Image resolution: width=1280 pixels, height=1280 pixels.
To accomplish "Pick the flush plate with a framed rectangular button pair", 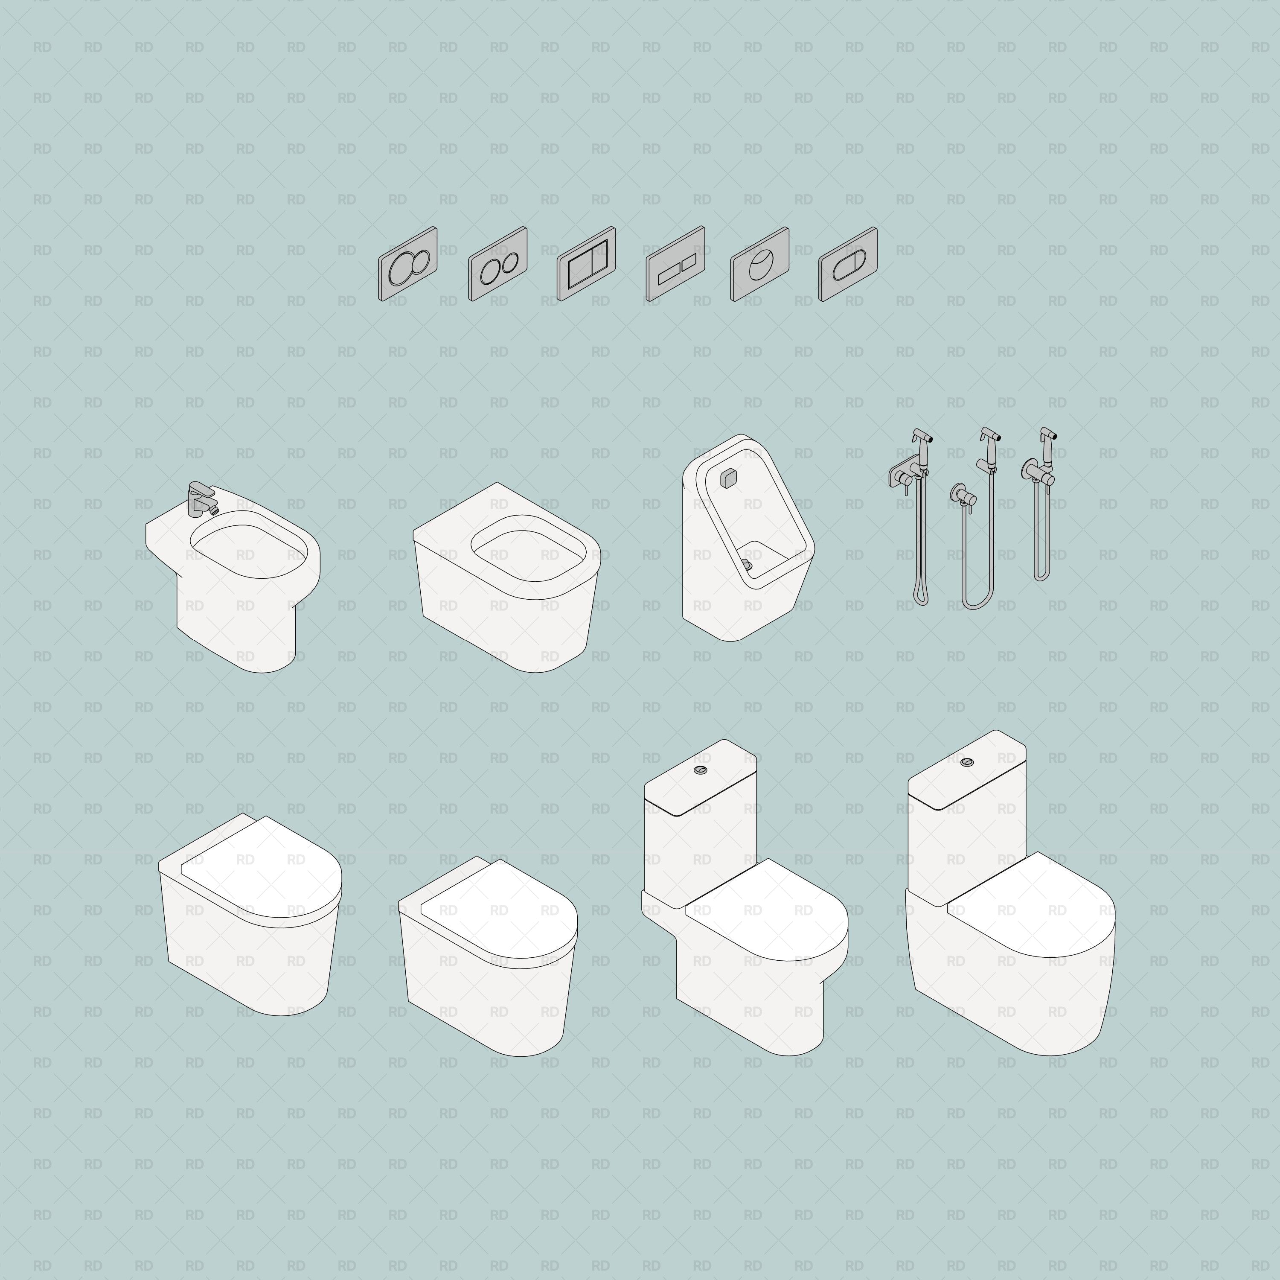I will coord(586,264).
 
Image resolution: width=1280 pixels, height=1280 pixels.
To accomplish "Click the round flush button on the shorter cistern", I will coord(700,770).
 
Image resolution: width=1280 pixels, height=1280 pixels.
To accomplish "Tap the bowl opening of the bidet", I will coord(248,550).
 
